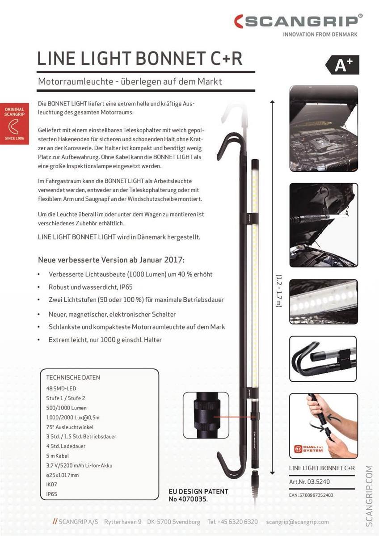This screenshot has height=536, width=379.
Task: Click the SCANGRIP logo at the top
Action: coord(298,21)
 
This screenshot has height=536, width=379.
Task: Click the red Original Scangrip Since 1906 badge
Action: coord(14,124)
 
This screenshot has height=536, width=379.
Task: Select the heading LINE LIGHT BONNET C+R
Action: coord(139,58)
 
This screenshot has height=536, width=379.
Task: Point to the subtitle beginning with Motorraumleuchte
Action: coord(130,82)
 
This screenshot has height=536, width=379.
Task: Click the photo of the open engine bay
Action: coord(324,128)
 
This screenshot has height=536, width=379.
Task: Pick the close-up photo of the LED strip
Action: coord(324,301)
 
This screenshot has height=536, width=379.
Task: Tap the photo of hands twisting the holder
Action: coord(324,425)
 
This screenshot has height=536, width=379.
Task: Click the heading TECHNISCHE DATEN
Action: coord(73,377)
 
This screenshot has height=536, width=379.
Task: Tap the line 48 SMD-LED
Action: coord(61,388)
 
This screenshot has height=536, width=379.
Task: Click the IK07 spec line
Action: coord(52,484)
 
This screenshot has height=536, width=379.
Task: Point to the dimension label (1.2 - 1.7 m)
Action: coord(278,298)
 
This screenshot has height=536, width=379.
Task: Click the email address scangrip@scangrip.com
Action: coord(297,522)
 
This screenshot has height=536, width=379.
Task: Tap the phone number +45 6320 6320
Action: coord(232,522)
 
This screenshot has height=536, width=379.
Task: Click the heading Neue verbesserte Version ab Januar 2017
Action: coord(111,260)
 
